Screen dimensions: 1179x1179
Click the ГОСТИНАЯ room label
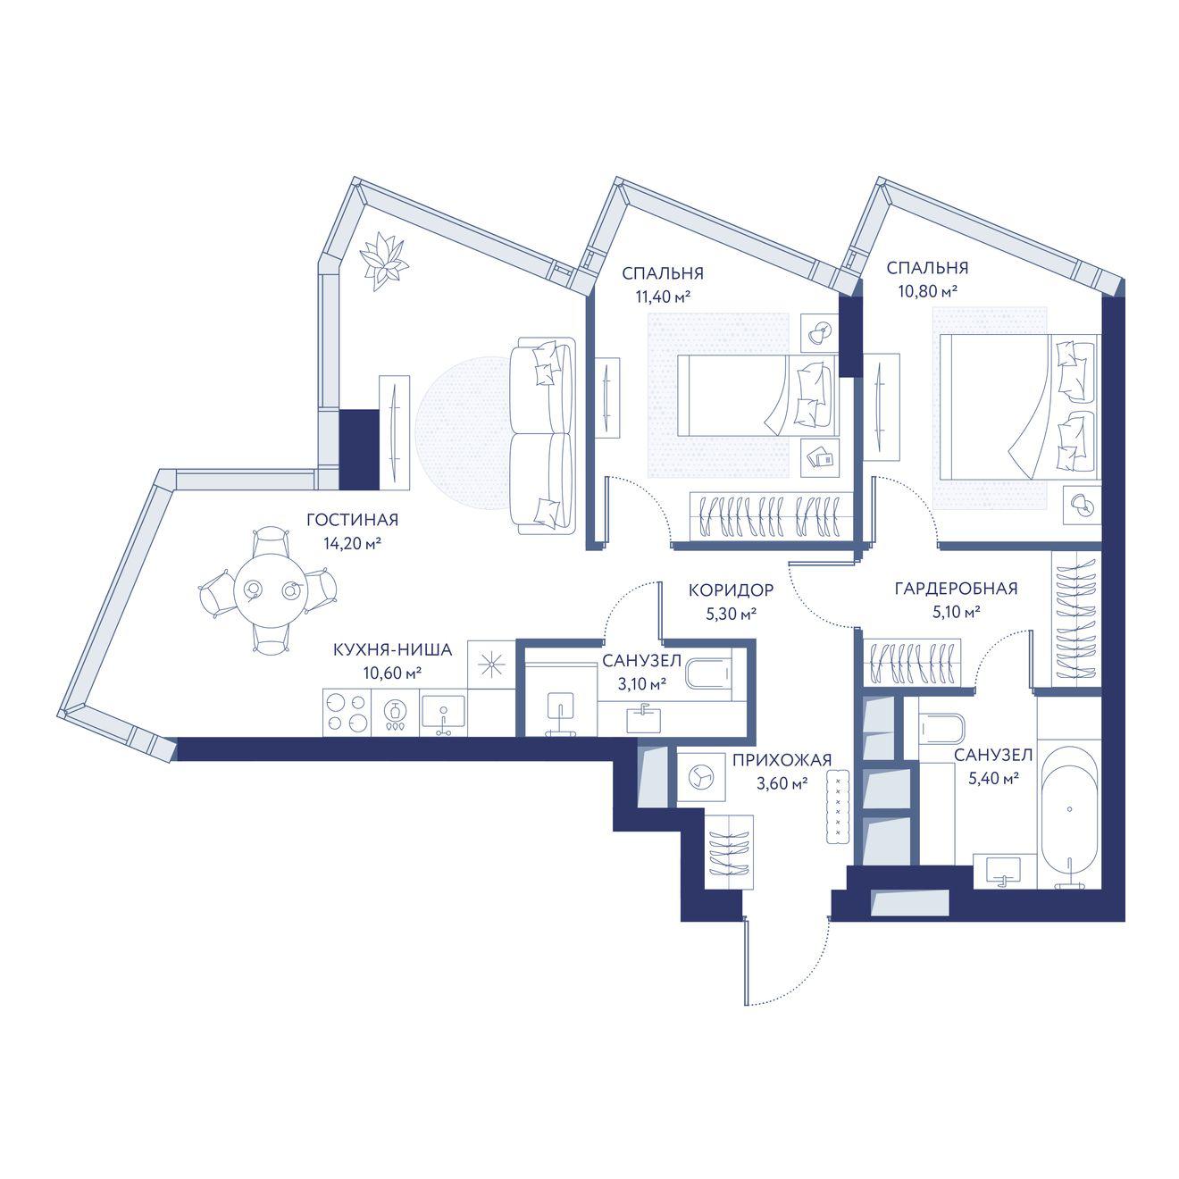352,520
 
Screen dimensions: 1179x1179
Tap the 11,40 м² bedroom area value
663,297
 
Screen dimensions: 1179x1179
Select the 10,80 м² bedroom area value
927,292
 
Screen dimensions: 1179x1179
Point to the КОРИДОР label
732,589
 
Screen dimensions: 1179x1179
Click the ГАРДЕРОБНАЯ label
956,589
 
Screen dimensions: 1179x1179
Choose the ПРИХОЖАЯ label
782,760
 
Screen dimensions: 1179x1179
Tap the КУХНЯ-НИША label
392,649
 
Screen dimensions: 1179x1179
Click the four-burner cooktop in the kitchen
347,713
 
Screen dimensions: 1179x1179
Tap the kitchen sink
443,714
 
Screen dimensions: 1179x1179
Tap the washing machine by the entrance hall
701,777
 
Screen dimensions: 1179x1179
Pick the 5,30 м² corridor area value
732,614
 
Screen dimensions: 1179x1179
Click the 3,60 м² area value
782,783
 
